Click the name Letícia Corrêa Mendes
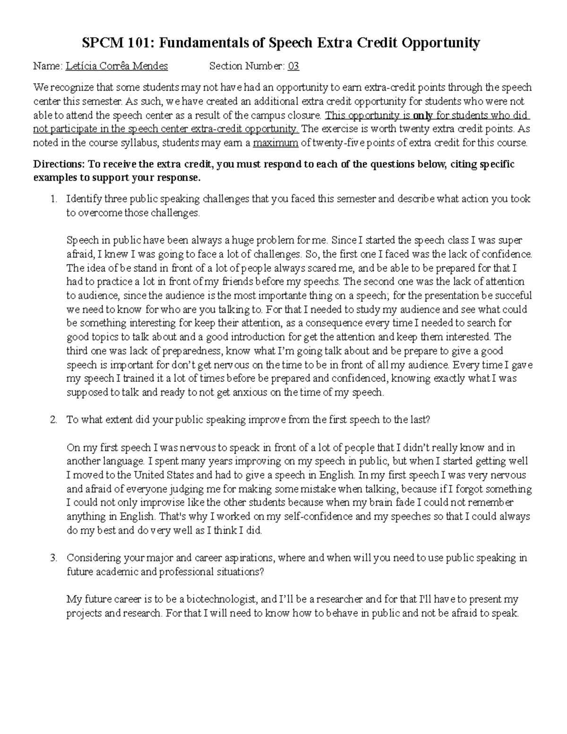tap(117, 66)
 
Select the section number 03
tap(293, 66)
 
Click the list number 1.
tap(53, 199)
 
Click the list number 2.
tap(53, 420)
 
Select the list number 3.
tap(53, 558)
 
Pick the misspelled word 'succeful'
tap(513, 296)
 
